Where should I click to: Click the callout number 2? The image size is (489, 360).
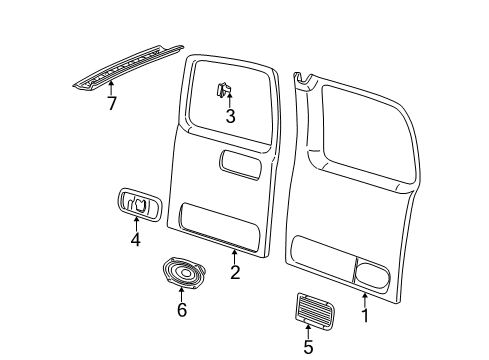(x=234, y=273)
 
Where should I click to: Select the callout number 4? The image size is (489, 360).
(x=134, y=239)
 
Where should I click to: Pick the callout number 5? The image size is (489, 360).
(x=308, y=347)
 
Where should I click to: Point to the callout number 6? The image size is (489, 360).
(x=181, y=311)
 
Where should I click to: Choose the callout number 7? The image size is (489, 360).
(x=111, y=103)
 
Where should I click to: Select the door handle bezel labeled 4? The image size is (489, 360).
(x=138, y=203)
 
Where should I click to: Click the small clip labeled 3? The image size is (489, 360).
(x=225, y=91)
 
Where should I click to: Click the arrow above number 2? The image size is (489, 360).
(x=234, y=255)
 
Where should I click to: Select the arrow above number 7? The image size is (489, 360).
(x=111, y=87)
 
